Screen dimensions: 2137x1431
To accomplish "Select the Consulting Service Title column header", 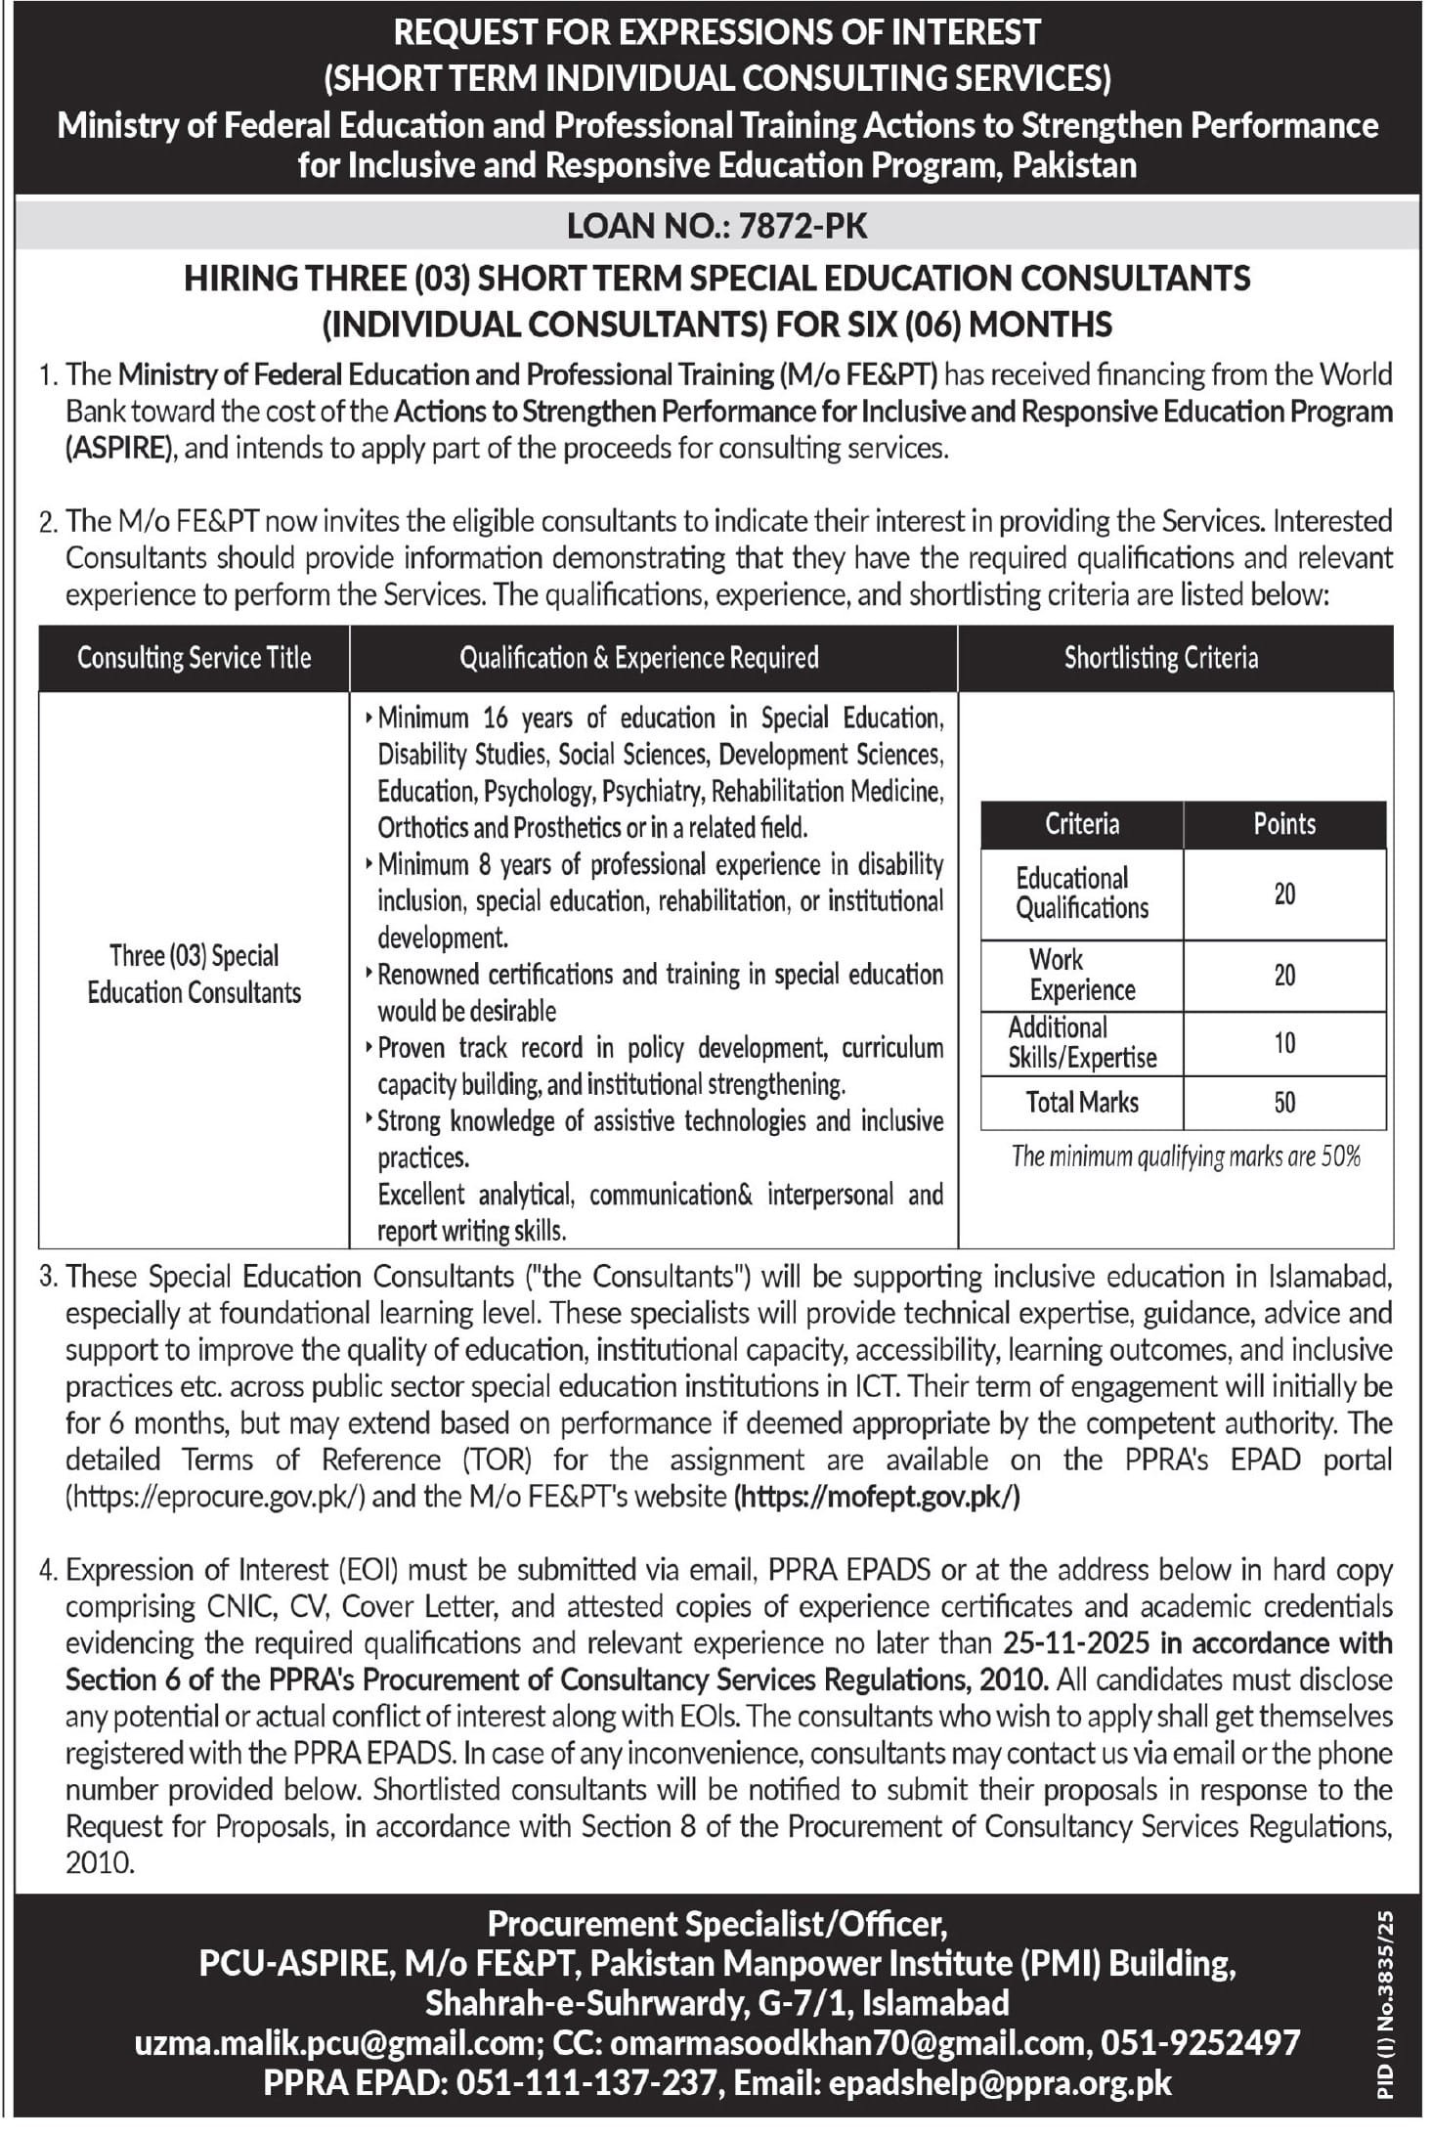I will [x=194, y=658].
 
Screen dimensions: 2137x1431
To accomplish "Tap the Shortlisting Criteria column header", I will [x=1160, y=658].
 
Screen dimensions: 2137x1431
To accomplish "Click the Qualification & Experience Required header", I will [x=638, y=658].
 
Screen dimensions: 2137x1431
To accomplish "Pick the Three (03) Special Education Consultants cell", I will [x=194, y=974].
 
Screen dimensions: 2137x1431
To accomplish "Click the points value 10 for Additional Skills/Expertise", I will [x=1283, y=1043].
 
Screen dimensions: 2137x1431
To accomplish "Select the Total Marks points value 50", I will [x=1283, y=1103].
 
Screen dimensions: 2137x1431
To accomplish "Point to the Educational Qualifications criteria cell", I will [x=1081, y=894].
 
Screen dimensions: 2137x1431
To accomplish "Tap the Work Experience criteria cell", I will [x=1081, y=975].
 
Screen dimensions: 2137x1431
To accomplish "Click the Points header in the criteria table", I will [x=1283, y=824].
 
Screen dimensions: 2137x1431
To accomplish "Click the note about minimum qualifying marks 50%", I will [x=1186, y=1157].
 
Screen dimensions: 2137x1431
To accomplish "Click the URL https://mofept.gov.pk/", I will [x=876, y=1497].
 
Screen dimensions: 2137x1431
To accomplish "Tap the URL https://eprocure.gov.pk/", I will [x=215, y=1497].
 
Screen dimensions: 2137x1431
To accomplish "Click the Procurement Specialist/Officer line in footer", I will [x=716, y=1924].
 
